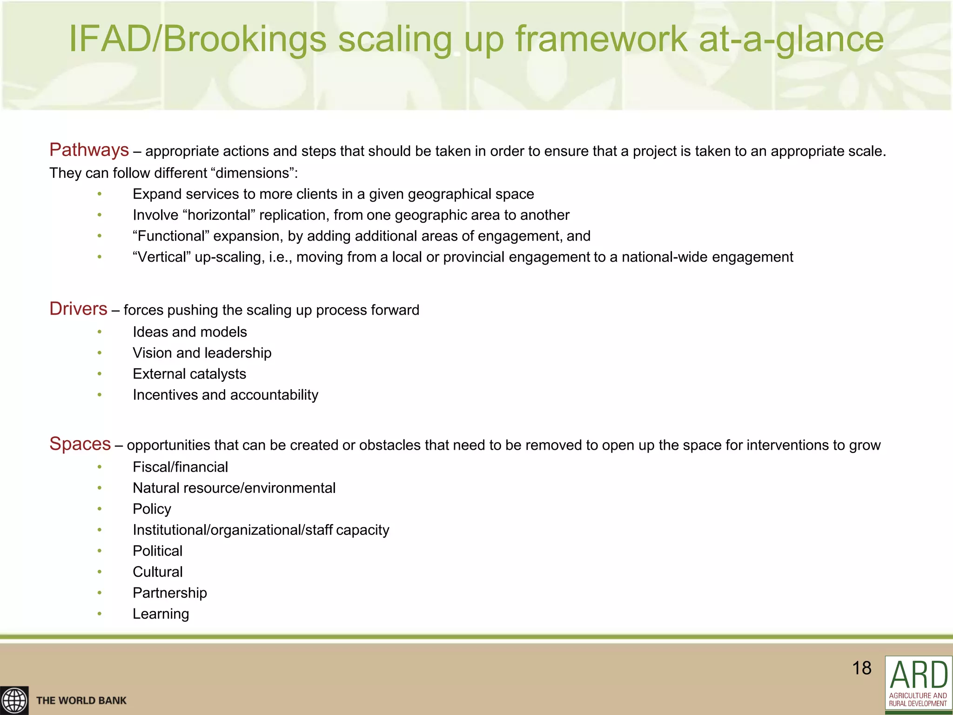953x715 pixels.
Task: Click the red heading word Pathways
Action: click(89, 150)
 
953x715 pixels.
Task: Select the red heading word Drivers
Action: click(78, 309)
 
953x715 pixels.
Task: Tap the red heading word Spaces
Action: click(80, 444)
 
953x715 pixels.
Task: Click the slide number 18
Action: click(861, 668)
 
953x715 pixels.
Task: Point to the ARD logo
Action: click(918, 684)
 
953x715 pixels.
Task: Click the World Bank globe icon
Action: click(14, 700)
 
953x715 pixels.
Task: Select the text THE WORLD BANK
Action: click(81, 701)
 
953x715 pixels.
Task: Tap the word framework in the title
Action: click(601, 39)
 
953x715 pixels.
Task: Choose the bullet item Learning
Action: click(161, 614)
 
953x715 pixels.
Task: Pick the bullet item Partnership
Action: click(170, 593)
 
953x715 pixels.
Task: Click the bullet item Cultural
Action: click(158, 572)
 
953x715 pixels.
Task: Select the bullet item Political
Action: click(157, 551)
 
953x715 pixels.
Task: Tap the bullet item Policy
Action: click(152, 509)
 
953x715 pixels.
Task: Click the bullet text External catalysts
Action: click(189, 374)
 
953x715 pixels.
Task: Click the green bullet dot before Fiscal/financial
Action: click(100, 467)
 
